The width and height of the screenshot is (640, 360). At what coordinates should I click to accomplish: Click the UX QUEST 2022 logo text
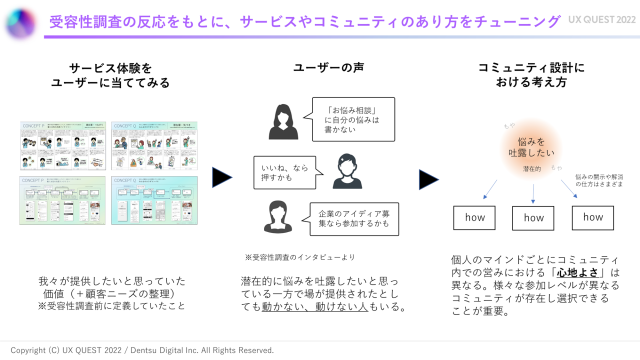click(x=602, y=19)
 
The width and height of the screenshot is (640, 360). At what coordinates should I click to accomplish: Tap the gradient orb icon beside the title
click(x=21, y=22)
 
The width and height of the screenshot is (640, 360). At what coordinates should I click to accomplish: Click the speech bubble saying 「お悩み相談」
click(x=353, y=119)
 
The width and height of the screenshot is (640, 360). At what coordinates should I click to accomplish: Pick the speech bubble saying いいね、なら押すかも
click(x=285, y=172)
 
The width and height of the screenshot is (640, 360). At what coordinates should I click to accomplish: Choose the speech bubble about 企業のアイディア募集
click(x=354, y=218)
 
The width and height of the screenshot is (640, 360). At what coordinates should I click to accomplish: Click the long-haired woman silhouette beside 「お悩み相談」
click(x=283, y=122)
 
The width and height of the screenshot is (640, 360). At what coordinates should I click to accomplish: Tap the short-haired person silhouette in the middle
click(x=347, y=171)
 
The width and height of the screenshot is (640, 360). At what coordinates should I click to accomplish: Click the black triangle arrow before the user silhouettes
click(x=222, y=177)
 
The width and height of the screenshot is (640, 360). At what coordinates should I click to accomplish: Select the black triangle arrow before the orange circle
click(x=428, y=179)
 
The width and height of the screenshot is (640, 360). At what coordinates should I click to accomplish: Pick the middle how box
click(x=533, y=218)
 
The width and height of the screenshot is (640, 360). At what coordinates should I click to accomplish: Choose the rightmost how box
click(x=592, y=217)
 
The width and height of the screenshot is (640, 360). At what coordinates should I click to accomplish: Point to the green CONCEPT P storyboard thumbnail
click(x=62, y=145)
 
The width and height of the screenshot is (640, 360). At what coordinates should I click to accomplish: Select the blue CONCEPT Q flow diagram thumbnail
click(x=154, y=200)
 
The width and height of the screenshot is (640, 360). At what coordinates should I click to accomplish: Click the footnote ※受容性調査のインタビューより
click(x=299, y=257)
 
